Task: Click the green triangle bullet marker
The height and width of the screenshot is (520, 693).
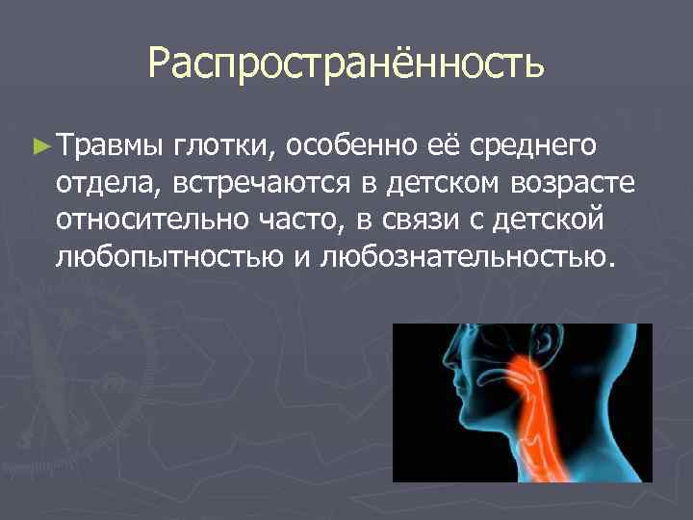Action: tap(39, 145)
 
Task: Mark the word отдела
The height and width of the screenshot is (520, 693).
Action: tap(102, 183)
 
